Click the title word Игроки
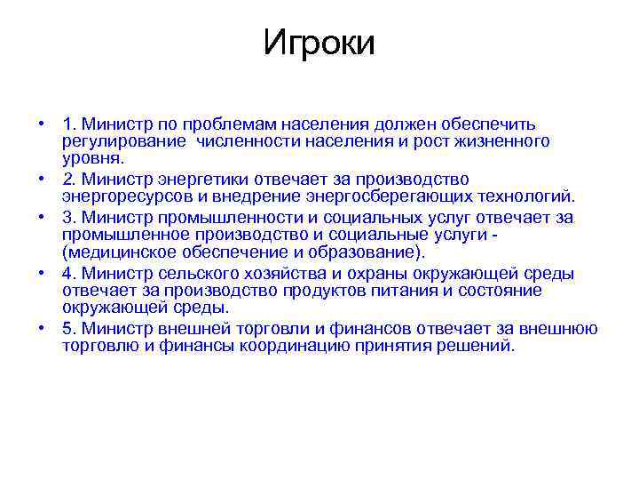(x=319, y=42)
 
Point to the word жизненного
(x=502, y=141)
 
